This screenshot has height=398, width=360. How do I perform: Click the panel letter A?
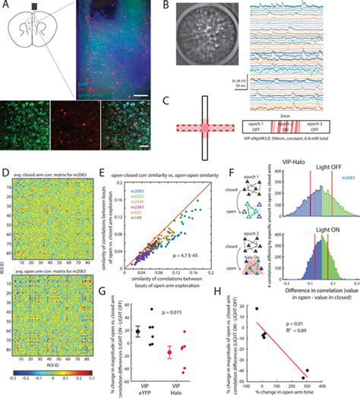[5, 6]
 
